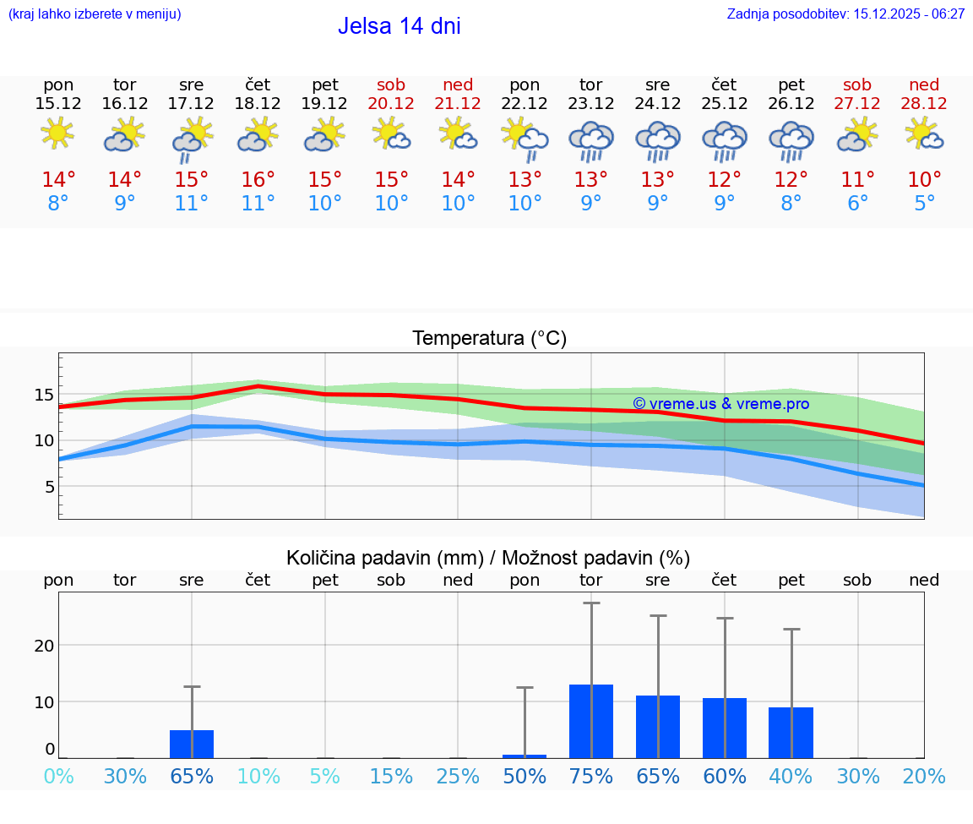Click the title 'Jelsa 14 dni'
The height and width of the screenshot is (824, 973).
click(x=399, y=26)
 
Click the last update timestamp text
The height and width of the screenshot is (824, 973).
click(x=845, y=14)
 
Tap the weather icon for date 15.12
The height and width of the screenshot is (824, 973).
click(x=57, y=134)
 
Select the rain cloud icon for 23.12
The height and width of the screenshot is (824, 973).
click(x=590, y=139)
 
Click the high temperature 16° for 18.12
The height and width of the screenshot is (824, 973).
click(x=258, y=179)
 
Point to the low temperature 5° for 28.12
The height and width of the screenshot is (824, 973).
click(x=924, y=204)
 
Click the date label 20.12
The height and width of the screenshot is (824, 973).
click(x=391, y=103)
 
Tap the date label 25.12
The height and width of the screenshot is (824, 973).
click(x=724, y=103)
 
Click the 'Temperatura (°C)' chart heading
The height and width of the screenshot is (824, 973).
click(x=489, y=339)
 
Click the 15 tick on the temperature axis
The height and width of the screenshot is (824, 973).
click(x=44, y=395)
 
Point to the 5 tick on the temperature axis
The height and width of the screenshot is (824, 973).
click(x=49, y=487)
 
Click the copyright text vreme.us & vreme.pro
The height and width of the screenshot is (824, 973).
click(x=720, y=404)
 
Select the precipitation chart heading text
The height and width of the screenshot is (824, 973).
click(x=487, y=558)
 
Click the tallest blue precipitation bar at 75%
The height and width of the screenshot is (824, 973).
click(x=590, y=721)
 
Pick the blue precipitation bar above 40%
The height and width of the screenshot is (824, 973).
click(x=791, y=733)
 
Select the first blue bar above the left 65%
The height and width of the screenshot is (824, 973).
click(x=192, y=744)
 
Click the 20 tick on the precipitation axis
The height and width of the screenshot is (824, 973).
click(x=44, y=646)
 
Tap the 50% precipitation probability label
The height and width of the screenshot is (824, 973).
click(x=525, y=777)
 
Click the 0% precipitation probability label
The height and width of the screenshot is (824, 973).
click(x=58, y=777)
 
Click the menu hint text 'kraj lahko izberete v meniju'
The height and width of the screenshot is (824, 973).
click(x=95, y=14)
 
